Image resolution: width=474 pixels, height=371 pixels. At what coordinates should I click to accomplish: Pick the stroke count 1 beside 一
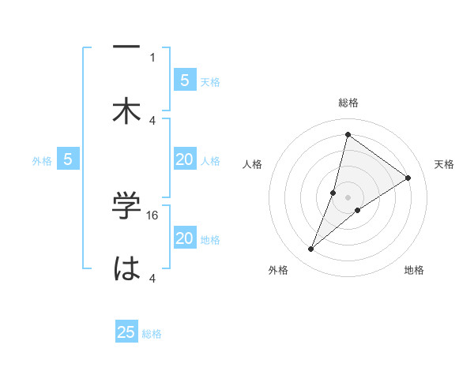point(152,57)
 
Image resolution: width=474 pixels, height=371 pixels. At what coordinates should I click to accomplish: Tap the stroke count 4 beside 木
point(152,121)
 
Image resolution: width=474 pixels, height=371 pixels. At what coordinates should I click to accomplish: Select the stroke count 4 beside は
point(152,279)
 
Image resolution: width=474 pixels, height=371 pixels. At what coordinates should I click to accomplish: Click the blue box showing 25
point(126,332)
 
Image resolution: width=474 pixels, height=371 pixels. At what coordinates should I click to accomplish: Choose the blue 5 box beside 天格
point(185,80)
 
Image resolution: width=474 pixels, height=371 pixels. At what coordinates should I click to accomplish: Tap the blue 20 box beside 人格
point(185,159)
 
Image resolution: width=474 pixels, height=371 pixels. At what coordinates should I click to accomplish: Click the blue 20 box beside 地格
point(185,238)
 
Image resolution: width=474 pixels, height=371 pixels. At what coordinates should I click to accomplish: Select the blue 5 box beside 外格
point(68,159)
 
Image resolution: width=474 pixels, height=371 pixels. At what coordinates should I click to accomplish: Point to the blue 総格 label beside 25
point(152,334)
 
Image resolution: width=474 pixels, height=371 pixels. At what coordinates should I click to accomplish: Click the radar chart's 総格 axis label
point(348,103)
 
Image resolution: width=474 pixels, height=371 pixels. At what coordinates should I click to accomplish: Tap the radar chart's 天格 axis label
point(444,164)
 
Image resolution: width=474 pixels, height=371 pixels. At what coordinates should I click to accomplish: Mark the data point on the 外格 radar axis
point(311,249)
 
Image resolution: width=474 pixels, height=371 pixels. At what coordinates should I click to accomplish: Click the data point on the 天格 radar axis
point(408,178)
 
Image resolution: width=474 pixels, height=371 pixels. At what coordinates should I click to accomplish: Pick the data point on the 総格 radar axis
point(348,134)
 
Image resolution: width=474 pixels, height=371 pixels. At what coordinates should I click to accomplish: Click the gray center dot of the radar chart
point(348,197)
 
